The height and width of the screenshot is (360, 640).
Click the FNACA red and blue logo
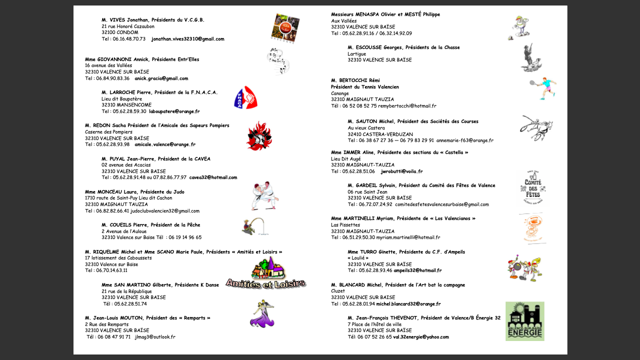[245, 97]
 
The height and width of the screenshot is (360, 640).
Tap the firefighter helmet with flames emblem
[258, 136]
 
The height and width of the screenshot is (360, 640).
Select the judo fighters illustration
[264, 195]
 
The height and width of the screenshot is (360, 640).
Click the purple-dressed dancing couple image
[262, 314]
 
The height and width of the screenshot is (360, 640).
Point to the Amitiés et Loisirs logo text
[265, 283]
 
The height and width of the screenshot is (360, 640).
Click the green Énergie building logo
[524, 321]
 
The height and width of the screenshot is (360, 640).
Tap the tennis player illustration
[543, 88]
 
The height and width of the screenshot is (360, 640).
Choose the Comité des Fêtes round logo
[531, 188]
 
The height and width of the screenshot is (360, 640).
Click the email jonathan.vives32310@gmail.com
[187, 39]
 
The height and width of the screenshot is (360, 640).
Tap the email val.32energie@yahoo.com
[421, 337]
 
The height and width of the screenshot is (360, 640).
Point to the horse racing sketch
[536, 127]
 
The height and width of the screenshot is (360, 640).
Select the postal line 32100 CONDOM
[120, 32]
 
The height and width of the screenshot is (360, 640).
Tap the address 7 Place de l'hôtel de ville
[374, 324]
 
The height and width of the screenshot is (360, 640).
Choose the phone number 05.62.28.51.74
[125, 303]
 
